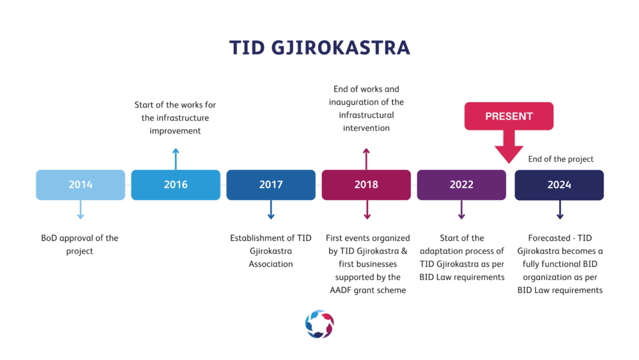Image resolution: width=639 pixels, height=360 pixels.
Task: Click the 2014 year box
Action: tap(81, 185)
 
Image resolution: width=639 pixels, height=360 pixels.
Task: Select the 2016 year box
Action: tap(176, 185)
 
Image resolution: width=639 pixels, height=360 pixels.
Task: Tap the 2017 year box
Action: tap(271, 185)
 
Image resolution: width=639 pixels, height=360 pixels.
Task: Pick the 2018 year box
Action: tap(366, 185)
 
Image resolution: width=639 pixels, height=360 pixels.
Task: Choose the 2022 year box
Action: tap(461, 185)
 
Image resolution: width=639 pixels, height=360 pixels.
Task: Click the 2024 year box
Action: tap(559, 185)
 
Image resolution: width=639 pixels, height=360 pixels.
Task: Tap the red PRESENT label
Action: tap(509, 116)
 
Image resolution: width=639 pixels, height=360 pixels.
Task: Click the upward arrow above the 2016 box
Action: tap(176, 159)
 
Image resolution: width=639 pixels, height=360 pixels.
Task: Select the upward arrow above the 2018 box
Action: tap(366, 159)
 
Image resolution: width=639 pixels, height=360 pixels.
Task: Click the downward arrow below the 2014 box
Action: tap(81, 210)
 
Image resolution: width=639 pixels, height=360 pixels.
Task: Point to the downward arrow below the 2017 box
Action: tap(271, 210)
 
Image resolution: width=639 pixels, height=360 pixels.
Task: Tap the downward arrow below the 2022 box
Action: tap(461, 210)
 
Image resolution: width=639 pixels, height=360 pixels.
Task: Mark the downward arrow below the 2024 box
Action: tap(560, 210)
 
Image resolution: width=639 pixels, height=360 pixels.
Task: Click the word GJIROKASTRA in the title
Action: tap(341, 48)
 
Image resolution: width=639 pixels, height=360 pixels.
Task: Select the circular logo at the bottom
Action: tap(319, 324)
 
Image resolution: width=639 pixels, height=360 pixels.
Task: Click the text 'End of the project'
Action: tap(561, 159)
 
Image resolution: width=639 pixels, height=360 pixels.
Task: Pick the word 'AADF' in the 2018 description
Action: tap(341, 290)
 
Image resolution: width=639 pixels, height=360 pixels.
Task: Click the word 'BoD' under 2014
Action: tap(49, 238)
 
